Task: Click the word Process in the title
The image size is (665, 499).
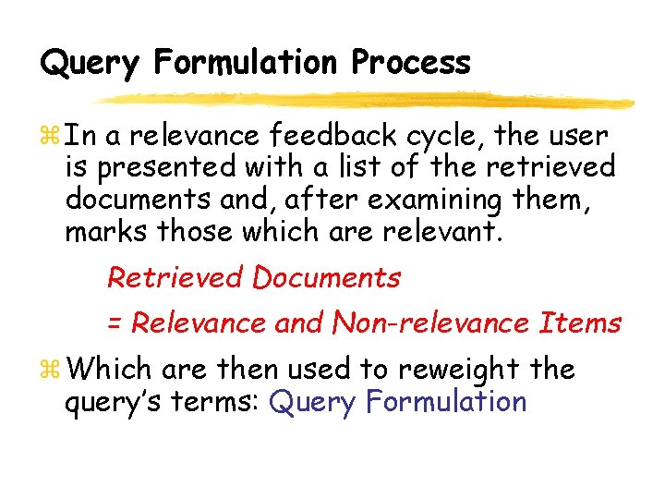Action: (411, 63)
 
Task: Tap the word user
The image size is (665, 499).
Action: (575, 137)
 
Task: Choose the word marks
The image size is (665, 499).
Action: (103, 231)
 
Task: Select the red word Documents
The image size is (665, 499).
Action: (327, 277)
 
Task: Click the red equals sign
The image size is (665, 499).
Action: (115, 323)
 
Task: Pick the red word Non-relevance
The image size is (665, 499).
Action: (430, 323)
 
